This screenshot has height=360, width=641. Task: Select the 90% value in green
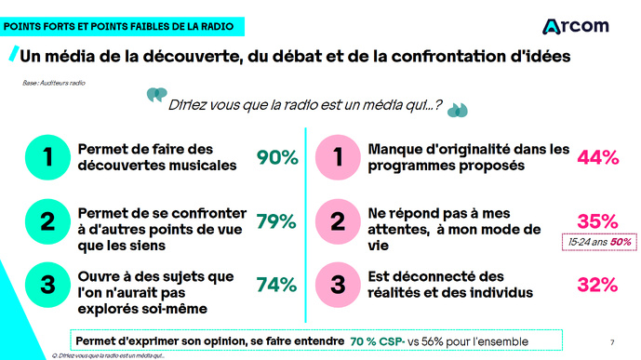pos(276,158)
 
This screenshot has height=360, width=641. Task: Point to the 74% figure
pos(276,285)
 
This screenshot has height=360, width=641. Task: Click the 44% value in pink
pos(598,158)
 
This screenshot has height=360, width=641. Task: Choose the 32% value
pos(598,285)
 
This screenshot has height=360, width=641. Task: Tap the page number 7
pos(610,340)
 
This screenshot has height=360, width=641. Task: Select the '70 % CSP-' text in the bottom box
pos(381,340)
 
